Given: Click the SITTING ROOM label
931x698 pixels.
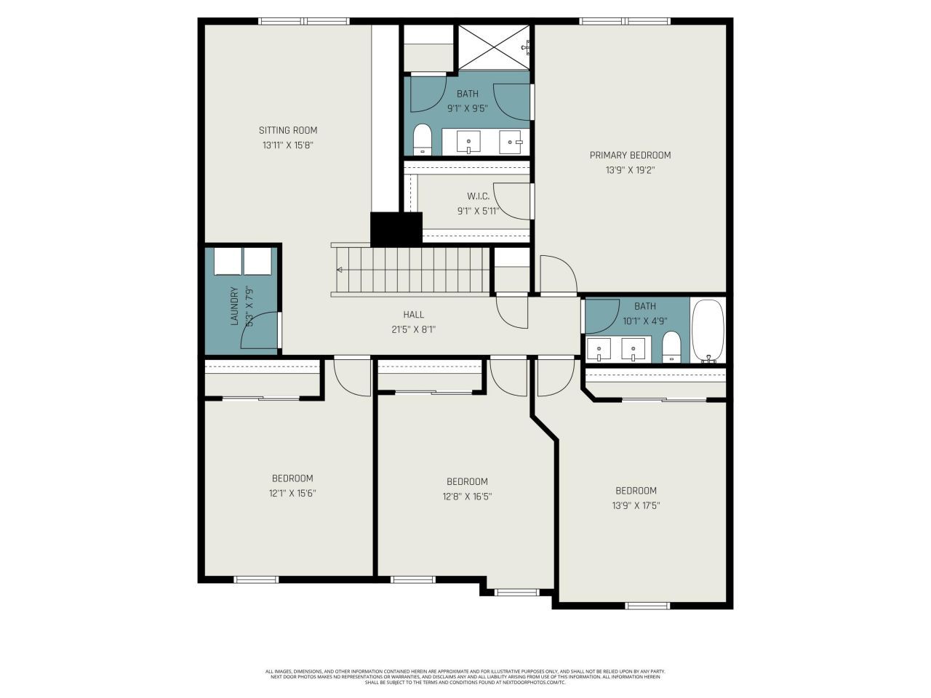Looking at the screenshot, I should pyautogui.click(x=288, y=130).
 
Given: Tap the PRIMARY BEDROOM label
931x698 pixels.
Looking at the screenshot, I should pyautogui.click(x=630, y=155).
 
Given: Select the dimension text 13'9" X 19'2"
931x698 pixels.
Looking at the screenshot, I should pyautogui.click(x=630, y=170).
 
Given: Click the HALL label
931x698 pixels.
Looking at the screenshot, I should pyautogui.click(x=413, y=315).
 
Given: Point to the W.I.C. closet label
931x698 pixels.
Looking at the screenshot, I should pyautogui.click(x=478, y=196).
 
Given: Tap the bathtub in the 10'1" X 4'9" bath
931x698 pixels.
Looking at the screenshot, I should pyautogui.click(x=707, y=331).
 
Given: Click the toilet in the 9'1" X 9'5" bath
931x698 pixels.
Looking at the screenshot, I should pyautogui.click(x=422, y=139).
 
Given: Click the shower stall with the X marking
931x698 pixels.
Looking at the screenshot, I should pyautogui.click(x=492, y=47).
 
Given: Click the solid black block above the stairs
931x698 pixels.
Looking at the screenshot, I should pyautogui.click(x=396, y=229).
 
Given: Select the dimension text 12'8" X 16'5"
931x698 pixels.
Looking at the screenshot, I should pyautogui.click(x=467, y=497).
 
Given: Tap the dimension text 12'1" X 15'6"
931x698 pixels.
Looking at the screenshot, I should pyautogui.click(x=292, y=493).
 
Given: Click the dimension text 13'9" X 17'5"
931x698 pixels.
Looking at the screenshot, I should pyautogui.click(x=636, y=505).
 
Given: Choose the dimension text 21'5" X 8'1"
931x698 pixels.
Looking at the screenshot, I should pyautogui.click(x=413, y=329).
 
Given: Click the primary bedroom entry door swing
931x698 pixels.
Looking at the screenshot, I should pyautogui.click(x=557, y=275).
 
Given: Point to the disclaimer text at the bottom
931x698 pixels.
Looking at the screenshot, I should pyautogui.click(x=465, y=677).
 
